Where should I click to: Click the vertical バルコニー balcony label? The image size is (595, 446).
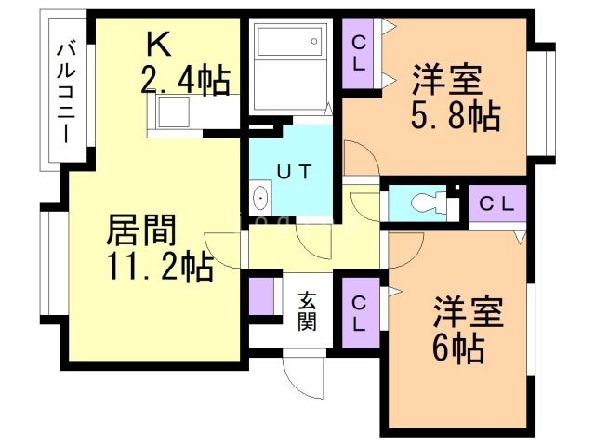66,91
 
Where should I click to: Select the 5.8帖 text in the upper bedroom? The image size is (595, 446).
455,116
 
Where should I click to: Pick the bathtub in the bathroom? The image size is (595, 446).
287,43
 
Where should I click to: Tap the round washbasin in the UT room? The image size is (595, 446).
260,199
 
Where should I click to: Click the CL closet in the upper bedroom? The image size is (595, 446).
359,53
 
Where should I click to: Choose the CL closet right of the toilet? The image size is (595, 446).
494,203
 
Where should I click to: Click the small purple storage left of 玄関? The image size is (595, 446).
261,295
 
